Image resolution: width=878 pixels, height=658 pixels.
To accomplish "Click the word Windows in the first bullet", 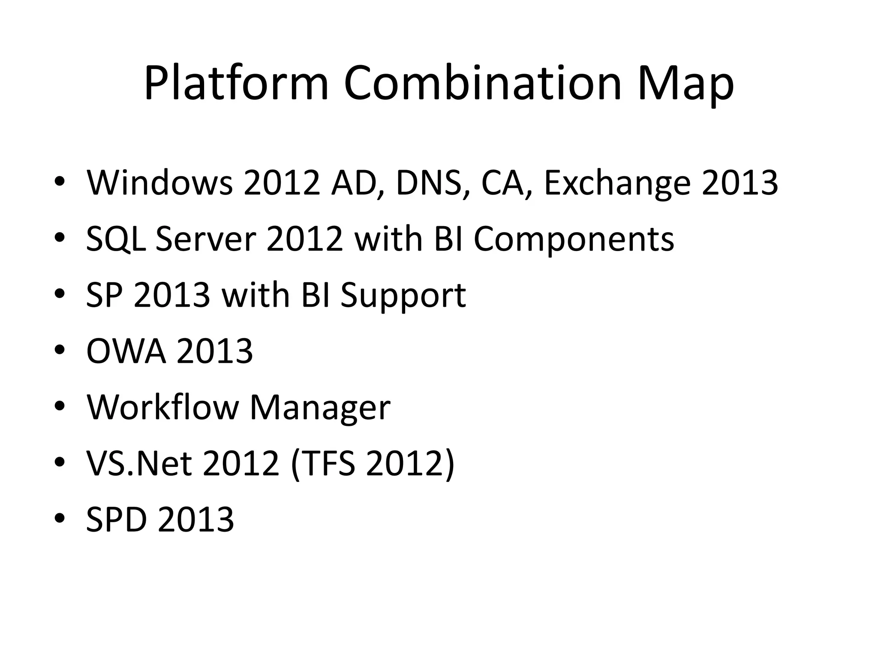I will pos(160,183).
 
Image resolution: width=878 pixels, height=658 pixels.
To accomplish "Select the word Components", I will pos(574,240).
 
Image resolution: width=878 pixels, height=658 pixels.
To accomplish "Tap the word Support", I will pos(403,296).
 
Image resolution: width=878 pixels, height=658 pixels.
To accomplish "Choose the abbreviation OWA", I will pos(126,351).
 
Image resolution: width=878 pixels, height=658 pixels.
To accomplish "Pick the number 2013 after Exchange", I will pos(740,183).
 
